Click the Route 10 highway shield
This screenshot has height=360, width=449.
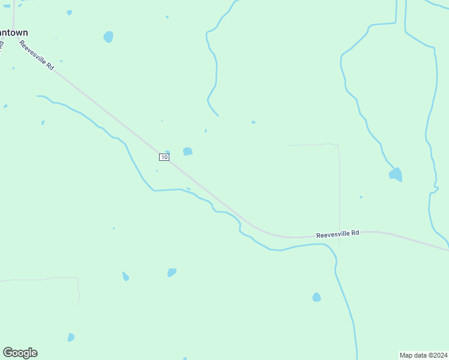point(164,157)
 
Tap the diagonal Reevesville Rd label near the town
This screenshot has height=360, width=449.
point(37,56)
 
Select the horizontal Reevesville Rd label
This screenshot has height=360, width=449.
point(337,233)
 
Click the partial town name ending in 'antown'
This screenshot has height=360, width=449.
point(14,32)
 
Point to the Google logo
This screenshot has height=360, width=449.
point(20,353)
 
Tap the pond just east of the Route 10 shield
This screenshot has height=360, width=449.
point(188,151)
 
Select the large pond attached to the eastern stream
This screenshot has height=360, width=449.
point(396,175)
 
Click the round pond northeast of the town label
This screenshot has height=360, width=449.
point(108,37)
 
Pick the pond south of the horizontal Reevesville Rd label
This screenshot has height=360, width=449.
point(316,297)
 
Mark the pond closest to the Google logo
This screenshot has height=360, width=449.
point(71,337)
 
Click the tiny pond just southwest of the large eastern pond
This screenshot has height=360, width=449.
point(361,197)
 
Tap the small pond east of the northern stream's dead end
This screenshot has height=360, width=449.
point(253,122)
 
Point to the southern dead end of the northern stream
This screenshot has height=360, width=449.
point(217,115)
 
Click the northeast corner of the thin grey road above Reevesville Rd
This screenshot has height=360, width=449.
point(338,145)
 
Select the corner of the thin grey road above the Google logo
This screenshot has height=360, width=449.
point(77,278)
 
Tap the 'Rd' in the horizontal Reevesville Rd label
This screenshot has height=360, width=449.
point(355,232)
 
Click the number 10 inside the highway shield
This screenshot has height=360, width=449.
point(164,157)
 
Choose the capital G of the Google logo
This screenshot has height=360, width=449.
point(8,353)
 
